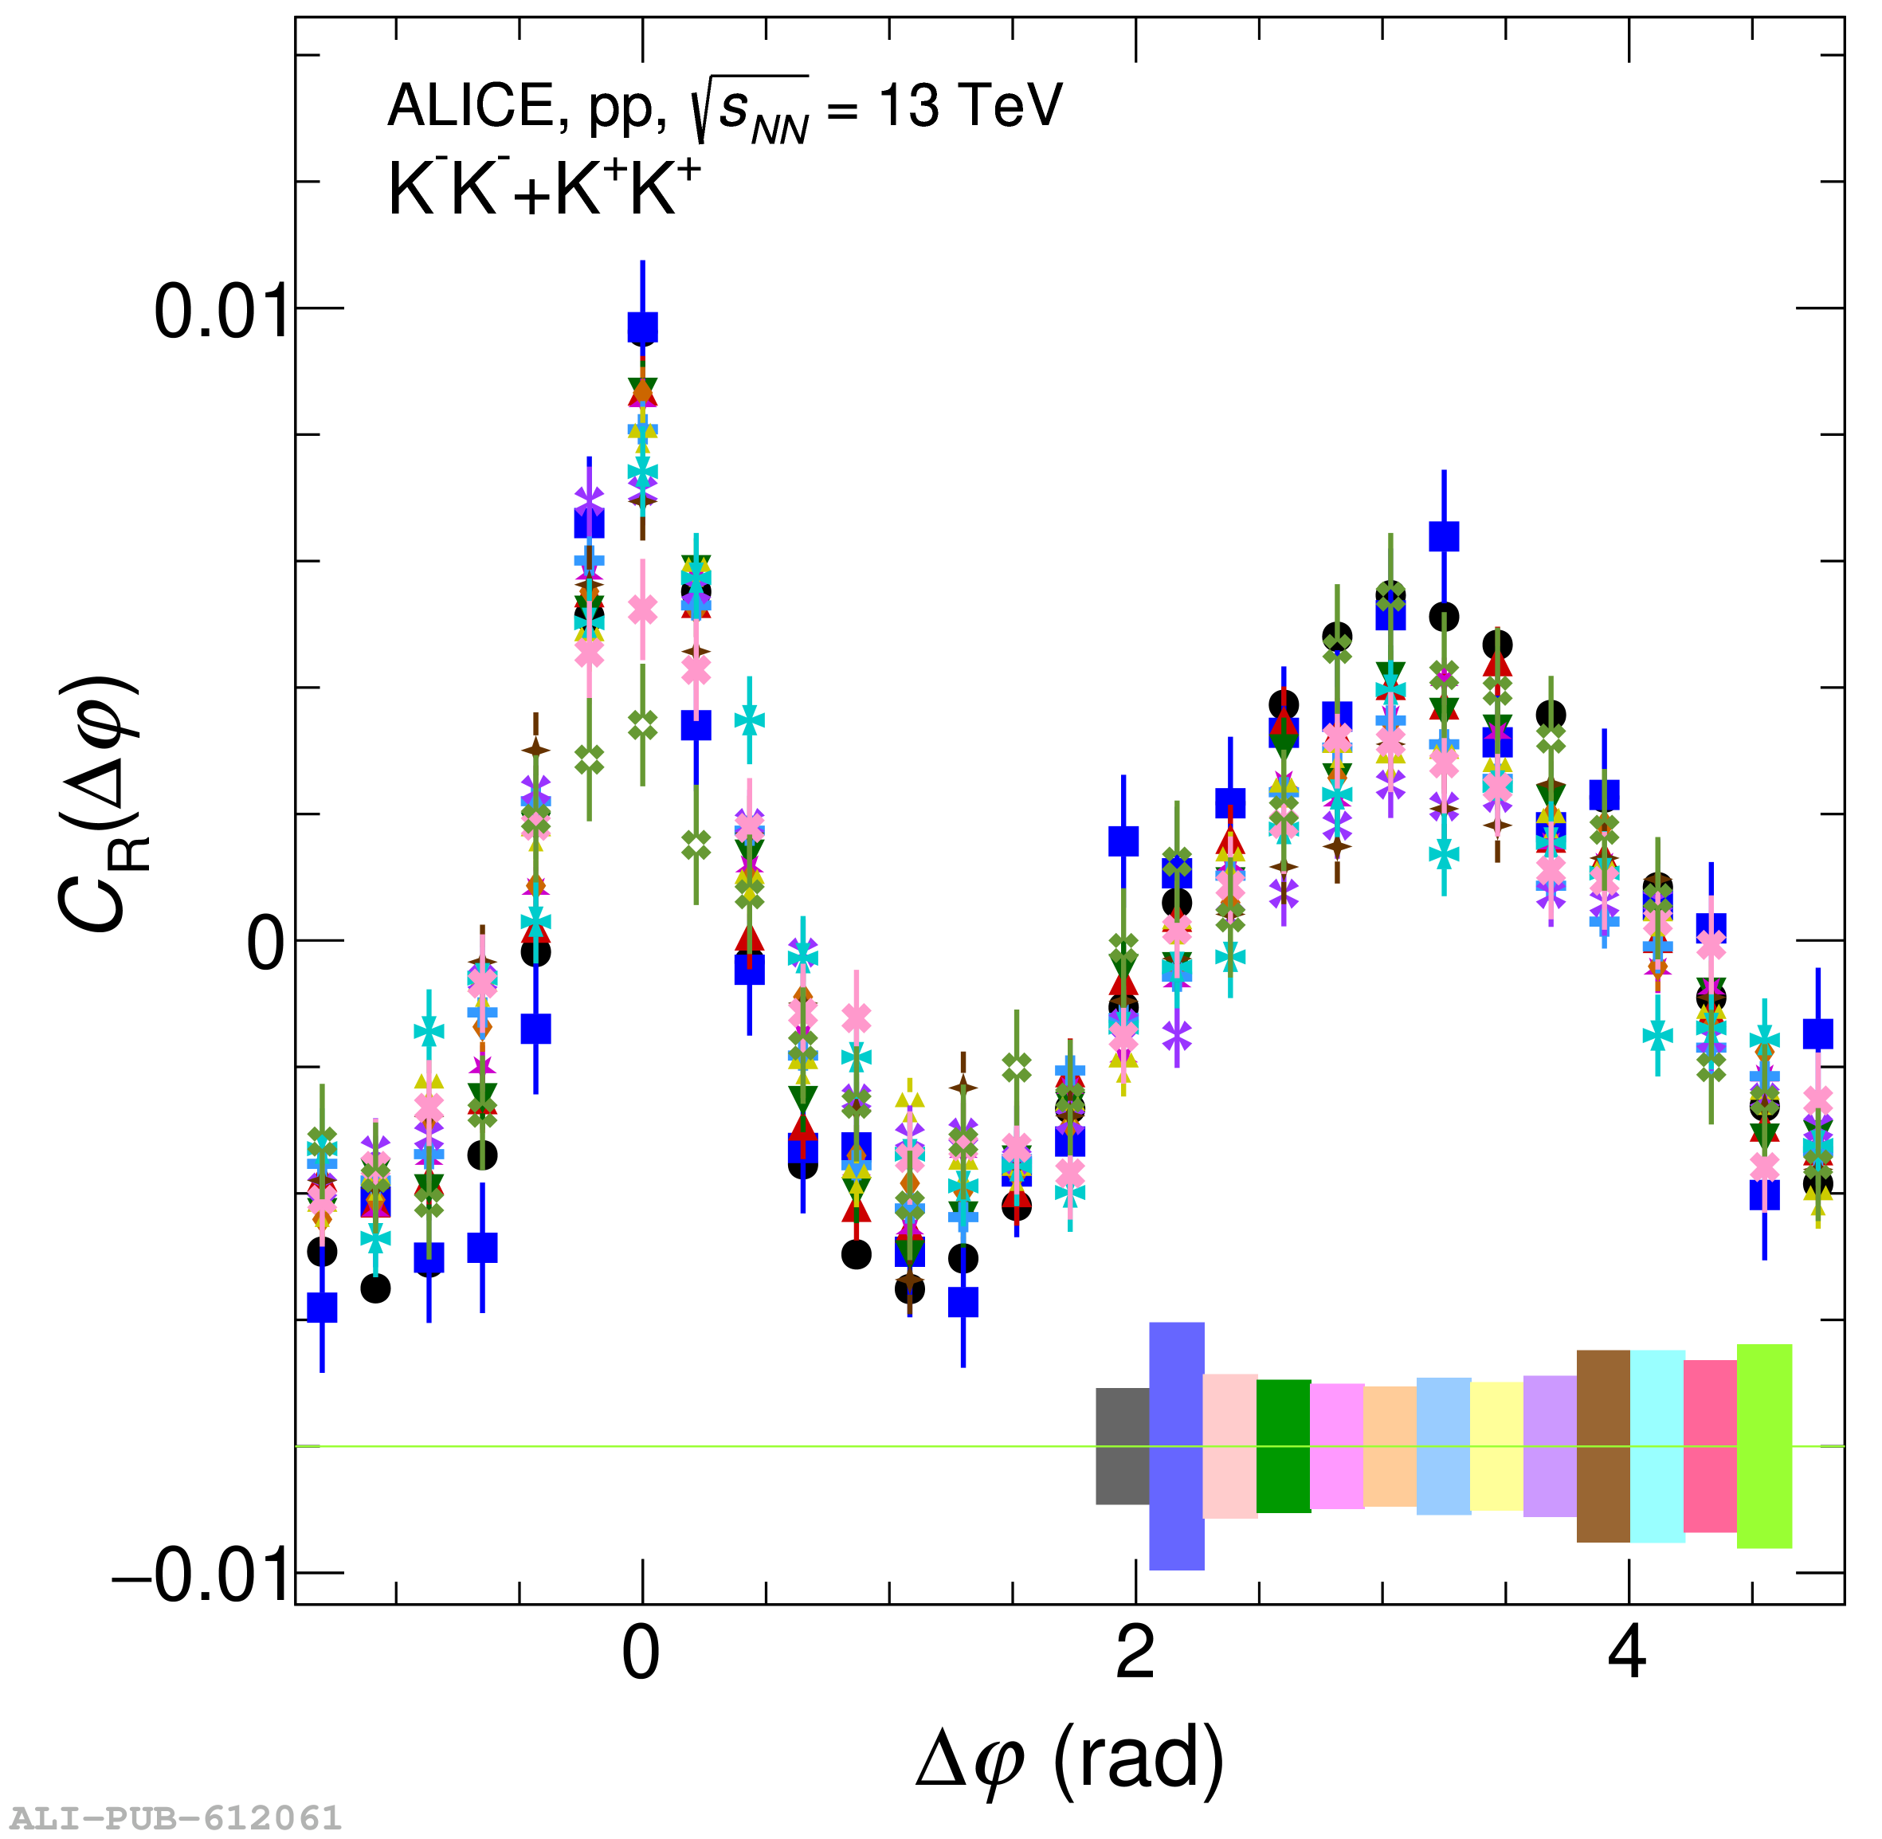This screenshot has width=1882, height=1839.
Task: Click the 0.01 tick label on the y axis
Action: coord(222,312)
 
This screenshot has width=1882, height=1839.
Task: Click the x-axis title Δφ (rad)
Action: coord(1070,1760)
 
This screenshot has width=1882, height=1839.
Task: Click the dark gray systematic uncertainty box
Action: coord(1122,1446)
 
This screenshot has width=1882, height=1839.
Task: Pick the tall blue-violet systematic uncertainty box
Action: coord(1176,1446)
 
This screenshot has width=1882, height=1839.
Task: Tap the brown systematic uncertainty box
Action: coord(1603,1446)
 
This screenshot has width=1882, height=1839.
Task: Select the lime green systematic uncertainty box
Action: coord(1764,1446)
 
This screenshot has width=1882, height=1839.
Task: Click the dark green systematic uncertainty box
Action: coord(1284,1446)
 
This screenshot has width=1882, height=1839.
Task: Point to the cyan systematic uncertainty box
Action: coord(1657,1446)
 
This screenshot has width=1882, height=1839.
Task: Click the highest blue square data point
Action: coord(643,328)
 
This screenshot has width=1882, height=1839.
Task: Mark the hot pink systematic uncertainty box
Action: coord(1710,1446)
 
